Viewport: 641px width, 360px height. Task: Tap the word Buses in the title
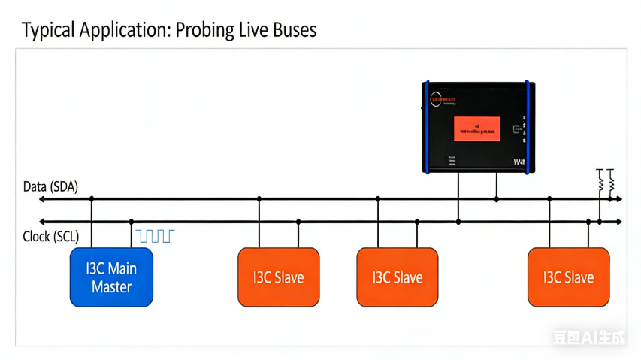click(x=293, y=30)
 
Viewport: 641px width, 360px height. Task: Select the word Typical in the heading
click(x=48, y=31)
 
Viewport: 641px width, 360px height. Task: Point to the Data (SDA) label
click(x=50, y=186)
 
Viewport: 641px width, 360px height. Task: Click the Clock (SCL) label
click(x=51, y=237)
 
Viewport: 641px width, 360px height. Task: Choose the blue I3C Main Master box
click(x=111, y=277)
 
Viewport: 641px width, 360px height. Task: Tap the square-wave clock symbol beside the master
click(x=155, y=236)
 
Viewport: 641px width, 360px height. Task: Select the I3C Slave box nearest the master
click(x=278, y=277)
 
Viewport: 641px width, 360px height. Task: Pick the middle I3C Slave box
click(x=397, y=277)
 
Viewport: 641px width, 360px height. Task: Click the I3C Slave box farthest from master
click(x=568, y=277)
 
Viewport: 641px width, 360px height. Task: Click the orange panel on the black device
click(x=476, y=129)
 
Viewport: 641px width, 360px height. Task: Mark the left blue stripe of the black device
click(x=428, y=128)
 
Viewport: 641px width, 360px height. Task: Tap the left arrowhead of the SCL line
click(x=43, y=222)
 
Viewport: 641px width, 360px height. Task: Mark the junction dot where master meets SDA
click(x=92, y=199)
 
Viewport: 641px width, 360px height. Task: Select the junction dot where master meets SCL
click(x=132, y=222)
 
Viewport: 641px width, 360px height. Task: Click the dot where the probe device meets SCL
click(x=458, y=222)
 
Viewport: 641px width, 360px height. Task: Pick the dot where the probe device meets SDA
click(x=497, y=199)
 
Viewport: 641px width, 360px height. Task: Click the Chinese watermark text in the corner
click(x=589, y=337)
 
